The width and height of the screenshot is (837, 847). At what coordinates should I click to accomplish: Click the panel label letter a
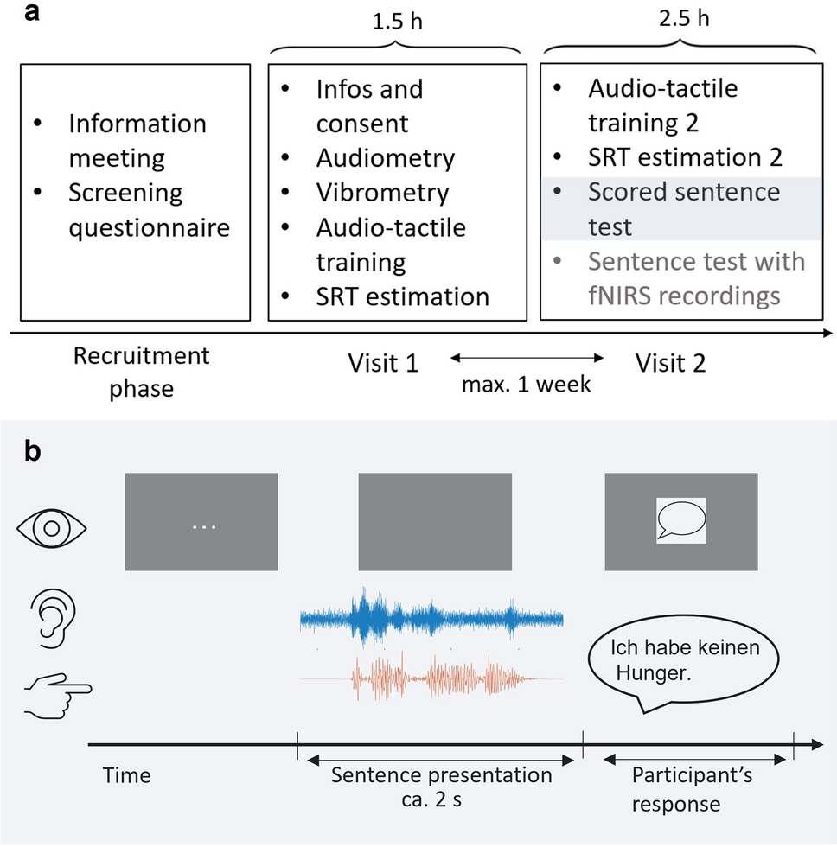(30, 15)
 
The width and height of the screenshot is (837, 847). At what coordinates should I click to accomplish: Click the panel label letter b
(32, 450)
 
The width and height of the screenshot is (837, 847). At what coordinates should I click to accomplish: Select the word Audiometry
(385, 158)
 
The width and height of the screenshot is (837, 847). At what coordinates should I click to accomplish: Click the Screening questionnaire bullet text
(149, 211)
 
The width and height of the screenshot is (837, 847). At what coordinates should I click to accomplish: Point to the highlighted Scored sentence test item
(683, 209)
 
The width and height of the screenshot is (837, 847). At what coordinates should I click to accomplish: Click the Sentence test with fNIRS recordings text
(696, 277)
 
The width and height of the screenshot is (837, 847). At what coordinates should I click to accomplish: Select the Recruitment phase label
(141, 372)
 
